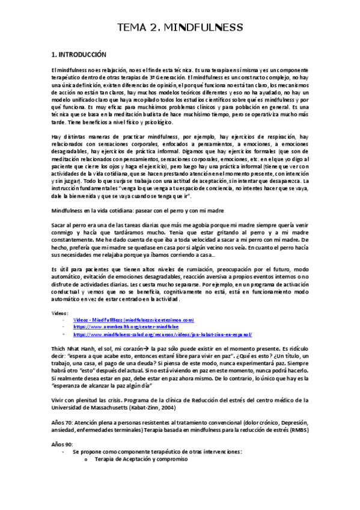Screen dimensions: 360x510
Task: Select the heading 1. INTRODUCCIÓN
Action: click(79, 54)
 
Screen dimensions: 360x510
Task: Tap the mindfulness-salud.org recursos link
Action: click(162, 334)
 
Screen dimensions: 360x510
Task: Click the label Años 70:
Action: click(63, 422)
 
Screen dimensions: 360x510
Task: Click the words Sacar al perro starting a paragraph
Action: click(72, 226)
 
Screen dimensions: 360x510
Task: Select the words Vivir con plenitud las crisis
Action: click(90, 400)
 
